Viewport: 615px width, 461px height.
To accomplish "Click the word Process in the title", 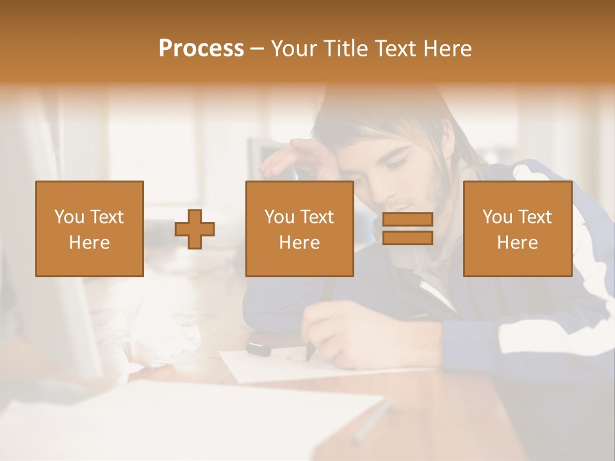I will pyautogui.click(x=201, y=49).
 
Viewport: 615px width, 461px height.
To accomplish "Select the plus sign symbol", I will pyautogui.click(x=195, y=229).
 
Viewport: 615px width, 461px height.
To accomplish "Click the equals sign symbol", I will pyautogui.click(x=407, y=229).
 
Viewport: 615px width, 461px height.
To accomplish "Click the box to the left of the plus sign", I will pyautogui.click(x=89, y=229).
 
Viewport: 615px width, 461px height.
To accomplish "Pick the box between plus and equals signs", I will pyautogui.click(x=299, y=229).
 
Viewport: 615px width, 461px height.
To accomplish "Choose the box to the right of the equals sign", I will pyautogui.click(x=517, y=229).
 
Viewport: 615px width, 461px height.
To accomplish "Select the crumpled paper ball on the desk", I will pyautogui.click(x=170, y=343).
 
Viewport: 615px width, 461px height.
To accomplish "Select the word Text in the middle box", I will pyautogui.click(x=317, y=217).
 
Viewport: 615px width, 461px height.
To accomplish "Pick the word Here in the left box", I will pyautogui.click(x=89, y=242).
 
